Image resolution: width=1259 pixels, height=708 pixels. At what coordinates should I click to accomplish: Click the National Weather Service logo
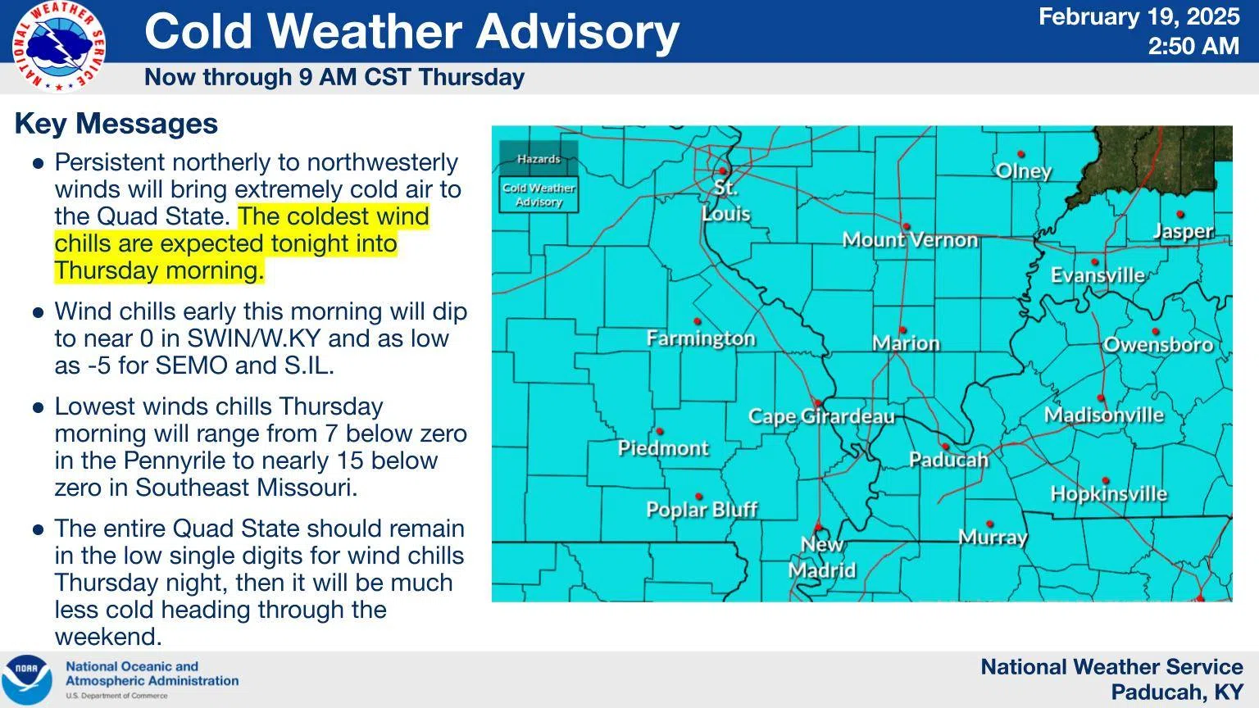click(x=58, y=46)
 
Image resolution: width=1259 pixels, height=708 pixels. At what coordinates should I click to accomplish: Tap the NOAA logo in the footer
click(x=26, y=679)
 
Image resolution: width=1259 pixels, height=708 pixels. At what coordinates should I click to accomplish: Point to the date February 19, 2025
click(x=1139, y=16)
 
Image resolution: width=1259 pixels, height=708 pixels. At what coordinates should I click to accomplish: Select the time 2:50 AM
click(x=1193, y=46)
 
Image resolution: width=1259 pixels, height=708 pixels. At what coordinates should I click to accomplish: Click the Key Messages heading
click(x=116, y=124)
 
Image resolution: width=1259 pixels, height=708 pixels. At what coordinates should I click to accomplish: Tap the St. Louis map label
click(x=725, y=200)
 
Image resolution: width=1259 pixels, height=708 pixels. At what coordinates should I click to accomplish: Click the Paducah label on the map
click(x=948, y=460)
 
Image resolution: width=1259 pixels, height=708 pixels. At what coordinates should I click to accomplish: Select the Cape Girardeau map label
click(x=821, y=416)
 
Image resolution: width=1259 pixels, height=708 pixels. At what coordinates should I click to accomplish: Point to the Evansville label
click(x=1098, y=275)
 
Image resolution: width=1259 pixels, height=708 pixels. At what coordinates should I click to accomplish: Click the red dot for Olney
click(x=1021, y=154)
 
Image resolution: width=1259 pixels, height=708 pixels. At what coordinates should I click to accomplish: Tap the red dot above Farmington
click(x=698, y=321)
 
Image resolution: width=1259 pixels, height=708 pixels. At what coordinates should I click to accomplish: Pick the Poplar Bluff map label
click(x=702, y=510)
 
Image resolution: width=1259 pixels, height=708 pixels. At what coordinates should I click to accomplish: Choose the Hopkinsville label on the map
click(x=1108, y=494)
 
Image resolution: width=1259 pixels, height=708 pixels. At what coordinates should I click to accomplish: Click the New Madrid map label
click(x=821, y=557)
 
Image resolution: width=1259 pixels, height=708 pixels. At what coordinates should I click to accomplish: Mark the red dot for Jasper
click(x=1180, y=215)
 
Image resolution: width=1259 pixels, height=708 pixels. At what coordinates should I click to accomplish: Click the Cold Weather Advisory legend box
click(x=539, y=195)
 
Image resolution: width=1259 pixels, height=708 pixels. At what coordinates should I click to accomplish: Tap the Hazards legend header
click(x=539, y=159)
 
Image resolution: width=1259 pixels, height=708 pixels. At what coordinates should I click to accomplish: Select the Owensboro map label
click(x=1157, y=345)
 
